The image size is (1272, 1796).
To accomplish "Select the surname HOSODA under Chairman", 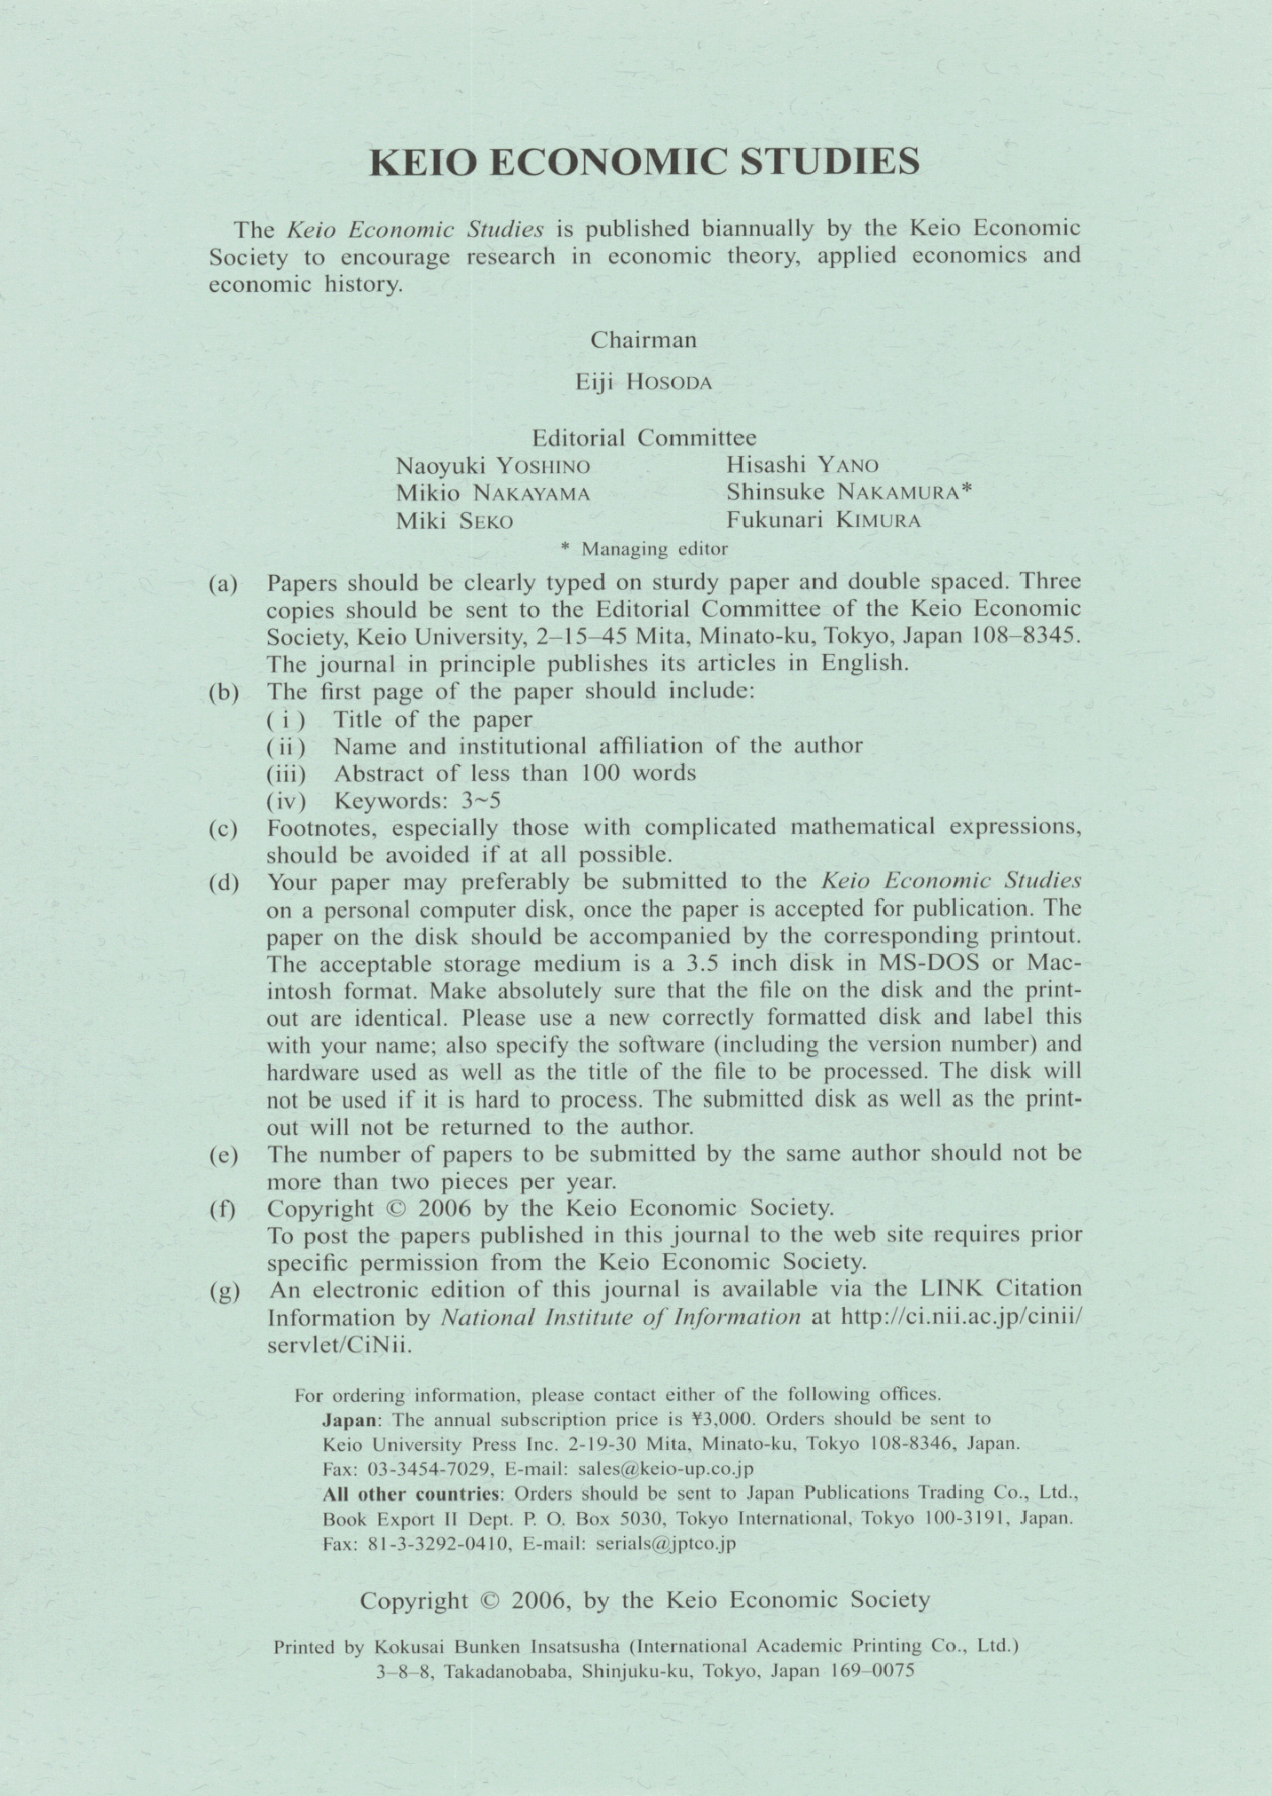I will click(668, 382).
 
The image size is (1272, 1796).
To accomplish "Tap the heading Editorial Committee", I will click(644, 437).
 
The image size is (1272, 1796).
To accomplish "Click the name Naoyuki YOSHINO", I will click(493, 466).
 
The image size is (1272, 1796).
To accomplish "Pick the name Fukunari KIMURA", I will click(823, 521).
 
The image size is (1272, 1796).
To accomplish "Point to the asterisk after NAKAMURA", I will click(968, 490).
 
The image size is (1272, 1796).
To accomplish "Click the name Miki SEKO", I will click(454, 522).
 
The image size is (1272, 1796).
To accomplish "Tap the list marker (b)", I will click(224, 692).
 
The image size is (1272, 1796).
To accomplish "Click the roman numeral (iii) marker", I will click(286, 774).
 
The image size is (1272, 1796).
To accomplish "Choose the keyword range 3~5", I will click(481, 801).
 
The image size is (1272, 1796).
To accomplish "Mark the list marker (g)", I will click(224, 1291).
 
